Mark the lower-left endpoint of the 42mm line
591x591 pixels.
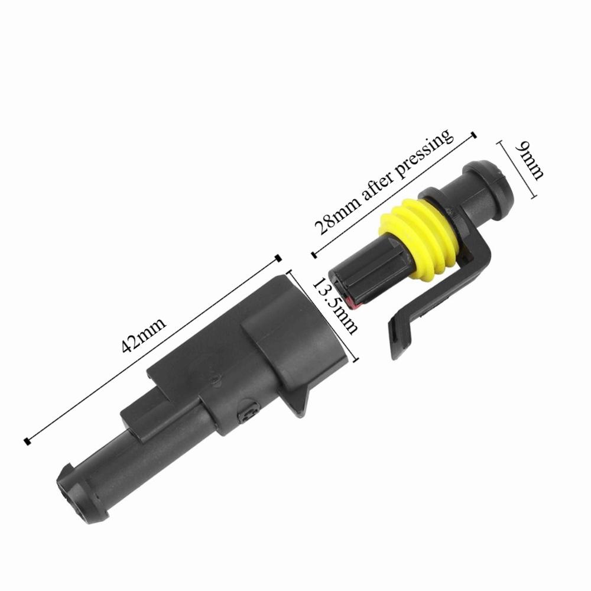(x=27, y=441)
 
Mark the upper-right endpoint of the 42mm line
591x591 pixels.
(x=278, y=258)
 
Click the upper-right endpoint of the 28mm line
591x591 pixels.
(x=473, y=135)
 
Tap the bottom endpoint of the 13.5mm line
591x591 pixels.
(x=357, y=361)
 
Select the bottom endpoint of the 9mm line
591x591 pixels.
(x=535, y=198)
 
